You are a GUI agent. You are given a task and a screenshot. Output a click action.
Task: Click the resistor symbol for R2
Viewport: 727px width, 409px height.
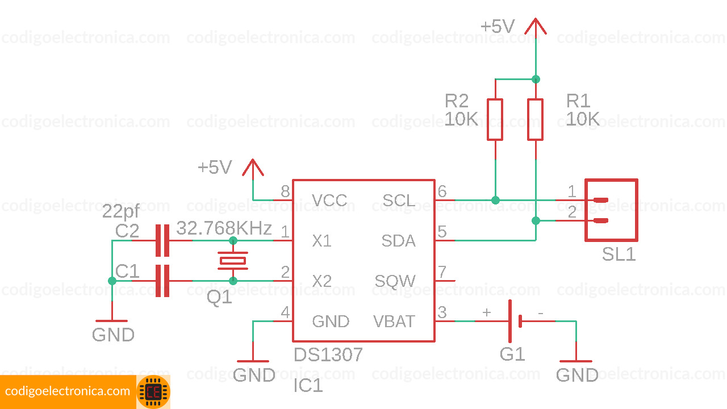[495, 119]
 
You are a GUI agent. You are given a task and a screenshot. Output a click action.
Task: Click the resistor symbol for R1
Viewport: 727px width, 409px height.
[536, 119]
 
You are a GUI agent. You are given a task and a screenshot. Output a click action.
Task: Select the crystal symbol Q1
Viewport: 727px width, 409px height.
[233, 261]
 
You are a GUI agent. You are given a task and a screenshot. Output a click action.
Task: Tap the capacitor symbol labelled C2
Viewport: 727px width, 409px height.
[162, 240]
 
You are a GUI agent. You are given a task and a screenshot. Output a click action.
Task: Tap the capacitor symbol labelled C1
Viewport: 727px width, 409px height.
[162, 281]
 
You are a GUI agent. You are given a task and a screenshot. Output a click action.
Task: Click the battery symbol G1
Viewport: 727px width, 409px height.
[515, 322]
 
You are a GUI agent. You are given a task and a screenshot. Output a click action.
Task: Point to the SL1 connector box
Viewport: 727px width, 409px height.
[611, 210]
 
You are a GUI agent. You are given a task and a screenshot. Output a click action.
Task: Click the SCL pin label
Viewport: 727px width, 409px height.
[399, 201]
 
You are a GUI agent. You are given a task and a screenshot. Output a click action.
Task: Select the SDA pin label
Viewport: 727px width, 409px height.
[398, 241]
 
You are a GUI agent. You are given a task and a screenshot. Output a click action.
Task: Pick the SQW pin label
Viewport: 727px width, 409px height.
[395, 281]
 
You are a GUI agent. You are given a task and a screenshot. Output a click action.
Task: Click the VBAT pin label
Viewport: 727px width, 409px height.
[394, 322]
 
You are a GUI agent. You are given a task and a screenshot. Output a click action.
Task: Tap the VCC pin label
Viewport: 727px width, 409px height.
[329, 201]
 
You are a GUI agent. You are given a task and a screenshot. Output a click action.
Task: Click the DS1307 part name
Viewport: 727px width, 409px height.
[328, 355]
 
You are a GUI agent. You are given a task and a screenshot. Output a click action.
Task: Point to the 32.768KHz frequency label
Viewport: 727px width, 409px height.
[224, 228]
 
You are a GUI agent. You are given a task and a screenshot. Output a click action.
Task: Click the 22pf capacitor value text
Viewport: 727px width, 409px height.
[120, 212]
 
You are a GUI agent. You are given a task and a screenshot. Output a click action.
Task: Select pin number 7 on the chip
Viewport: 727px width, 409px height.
[442, 272]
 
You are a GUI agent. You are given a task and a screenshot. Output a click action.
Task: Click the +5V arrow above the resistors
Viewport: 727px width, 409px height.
[535, 27]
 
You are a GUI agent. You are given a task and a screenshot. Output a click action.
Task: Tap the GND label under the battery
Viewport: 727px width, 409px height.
[576, 375]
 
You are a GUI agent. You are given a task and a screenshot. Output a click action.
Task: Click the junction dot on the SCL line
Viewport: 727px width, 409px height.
[495, 200]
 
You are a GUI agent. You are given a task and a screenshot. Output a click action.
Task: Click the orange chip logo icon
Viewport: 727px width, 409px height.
[153, 392]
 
